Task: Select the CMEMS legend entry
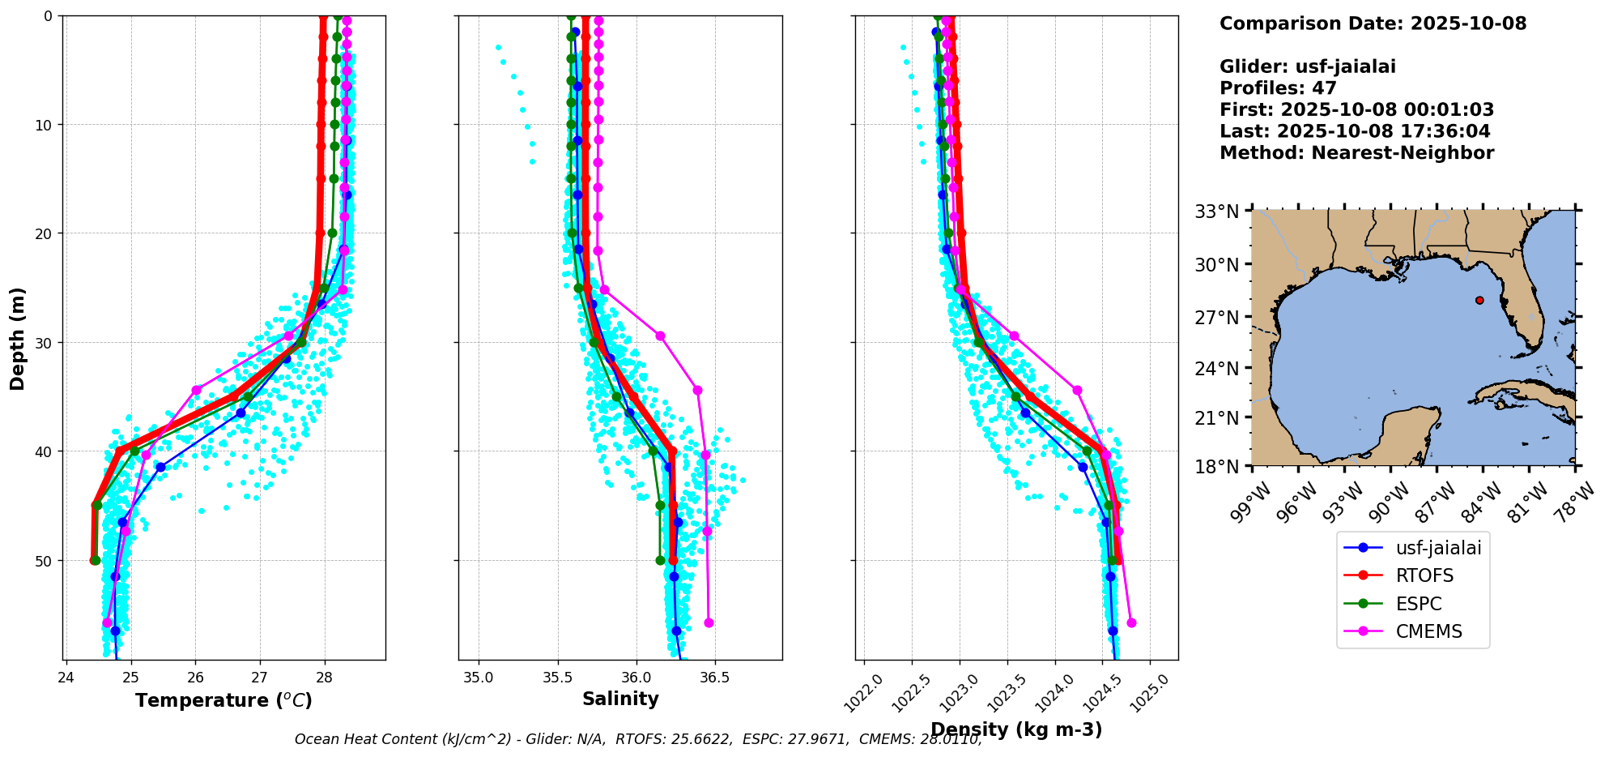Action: click(1428, 632)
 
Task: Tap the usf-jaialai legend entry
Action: click(1437, 549)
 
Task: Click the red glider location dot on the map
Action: click(1479, 300)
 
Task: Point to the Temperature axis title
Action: click(223, 700)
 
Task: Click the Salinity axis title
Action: click(620, 699)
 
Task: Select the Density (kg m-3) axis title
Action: click(1016, 729)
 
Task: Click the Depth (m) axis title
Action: click(17, 339)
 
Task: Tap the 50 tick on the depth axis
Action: click(48, 561)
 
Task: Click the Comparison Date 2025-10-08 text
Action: click(1373, 24)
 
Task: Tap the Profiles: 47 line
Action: click(1278, 88)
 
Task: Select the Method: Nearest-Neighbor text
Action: click(1356, 153)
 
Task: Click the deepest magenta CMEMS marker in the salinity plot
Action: click(709, 622)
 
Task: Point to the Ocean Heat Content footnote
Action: click(638, 739)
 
